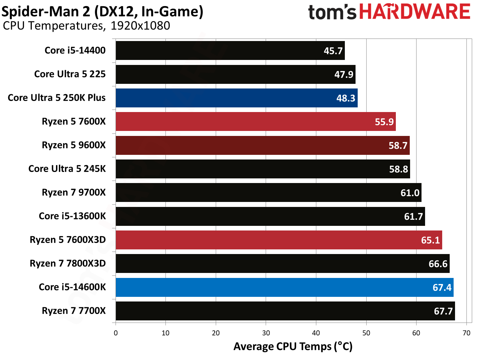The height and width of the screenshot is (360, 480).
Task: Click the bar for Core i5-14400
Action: click(230, 51)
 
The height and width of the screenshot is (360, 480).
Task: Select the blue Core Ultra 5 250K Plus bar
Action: click(236, 98)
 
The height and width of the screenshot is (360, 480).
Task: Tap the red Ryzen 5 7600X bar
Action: click(255, 122)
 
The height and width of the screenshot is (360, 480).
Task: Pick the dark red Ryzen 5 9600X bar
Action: click(262, 145)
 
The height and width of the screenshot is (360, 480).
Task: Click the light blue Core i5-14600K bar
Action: click(284, 287)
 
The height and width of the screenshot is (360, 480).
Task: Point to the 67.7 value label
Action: click(443, 311)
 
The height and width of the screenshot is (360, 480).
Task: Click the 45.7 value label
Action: click(333, 51)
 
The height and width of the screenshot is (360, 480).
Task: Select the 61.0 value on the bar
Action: click(410, 193)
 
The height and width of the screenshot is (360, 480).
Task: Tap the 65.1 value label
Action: click(430, 240)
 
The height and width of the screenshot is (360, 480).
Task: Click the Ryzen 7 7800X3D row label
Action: click(68, 263)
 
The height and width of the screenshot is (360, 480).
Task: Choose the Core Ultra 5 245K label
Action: click(67, 169)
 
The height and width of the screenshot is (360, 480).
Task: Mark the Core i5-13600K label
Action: click(72, 216)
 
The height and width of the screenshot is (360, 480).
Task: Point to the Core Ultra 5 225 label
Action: click(70, 74)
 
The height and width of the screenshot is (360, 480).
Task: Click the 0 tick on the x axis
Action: click(116, 333)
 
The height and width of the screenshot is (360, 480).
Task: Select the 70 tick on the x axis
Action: click(466, 333)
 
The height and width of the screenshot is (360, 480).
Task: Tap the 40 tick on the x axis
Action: click(316, 333)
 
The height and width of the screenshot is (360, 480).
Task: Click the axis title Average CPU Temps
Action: click(293, 346)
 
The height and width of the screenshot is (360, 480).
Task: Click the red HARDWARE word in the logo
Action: click(414, 12)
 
